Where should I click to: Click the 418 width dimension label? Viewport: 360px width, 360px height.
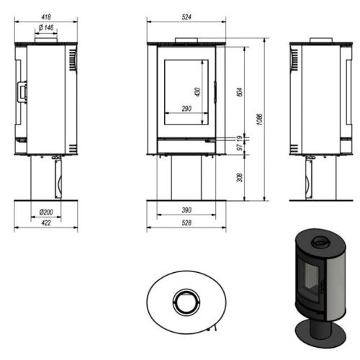(46, 17)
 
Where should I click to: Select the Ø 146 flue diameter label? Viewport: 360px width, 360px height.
(46, 27)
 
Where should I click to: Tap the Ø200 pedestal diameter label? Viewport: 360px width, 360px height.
(46, 212)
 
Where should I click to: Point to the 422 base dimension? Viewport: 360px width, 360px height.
(46, 223)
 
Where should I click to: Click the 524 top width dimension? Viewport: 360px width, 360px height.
(186, 17)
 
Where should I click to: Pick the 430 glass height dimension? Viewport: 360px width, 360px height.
(197, 92)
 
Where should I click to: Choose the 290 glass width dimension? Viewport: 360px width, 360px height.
(186, 109)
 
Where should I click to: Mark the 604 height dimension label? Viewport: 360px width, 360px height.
(240, 92)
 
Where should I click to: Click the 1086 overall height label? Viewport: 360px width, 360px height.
(259, 120)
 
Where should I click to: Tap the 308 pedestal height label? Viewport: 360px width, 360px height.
(240, 178)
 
